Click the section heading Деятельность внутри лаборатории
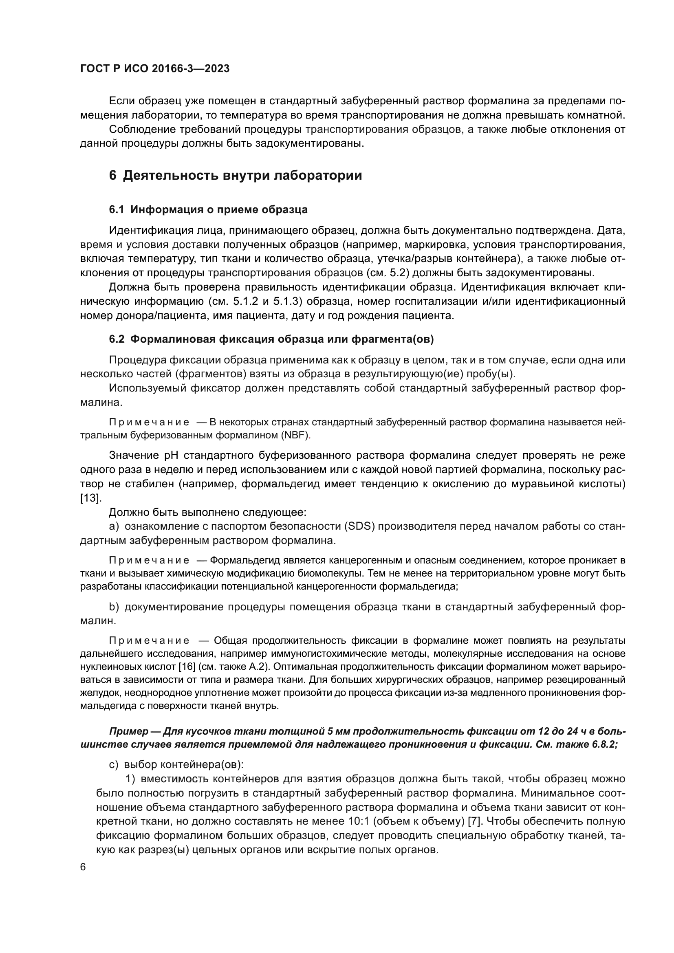[242, 175]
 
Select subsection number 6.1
[116, 209]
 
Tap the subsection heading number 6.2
[116, 339]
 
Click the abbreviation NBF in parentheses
[295, 436]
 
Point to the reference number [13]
[90, 498]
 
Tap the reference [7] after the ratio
[474, 821]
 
